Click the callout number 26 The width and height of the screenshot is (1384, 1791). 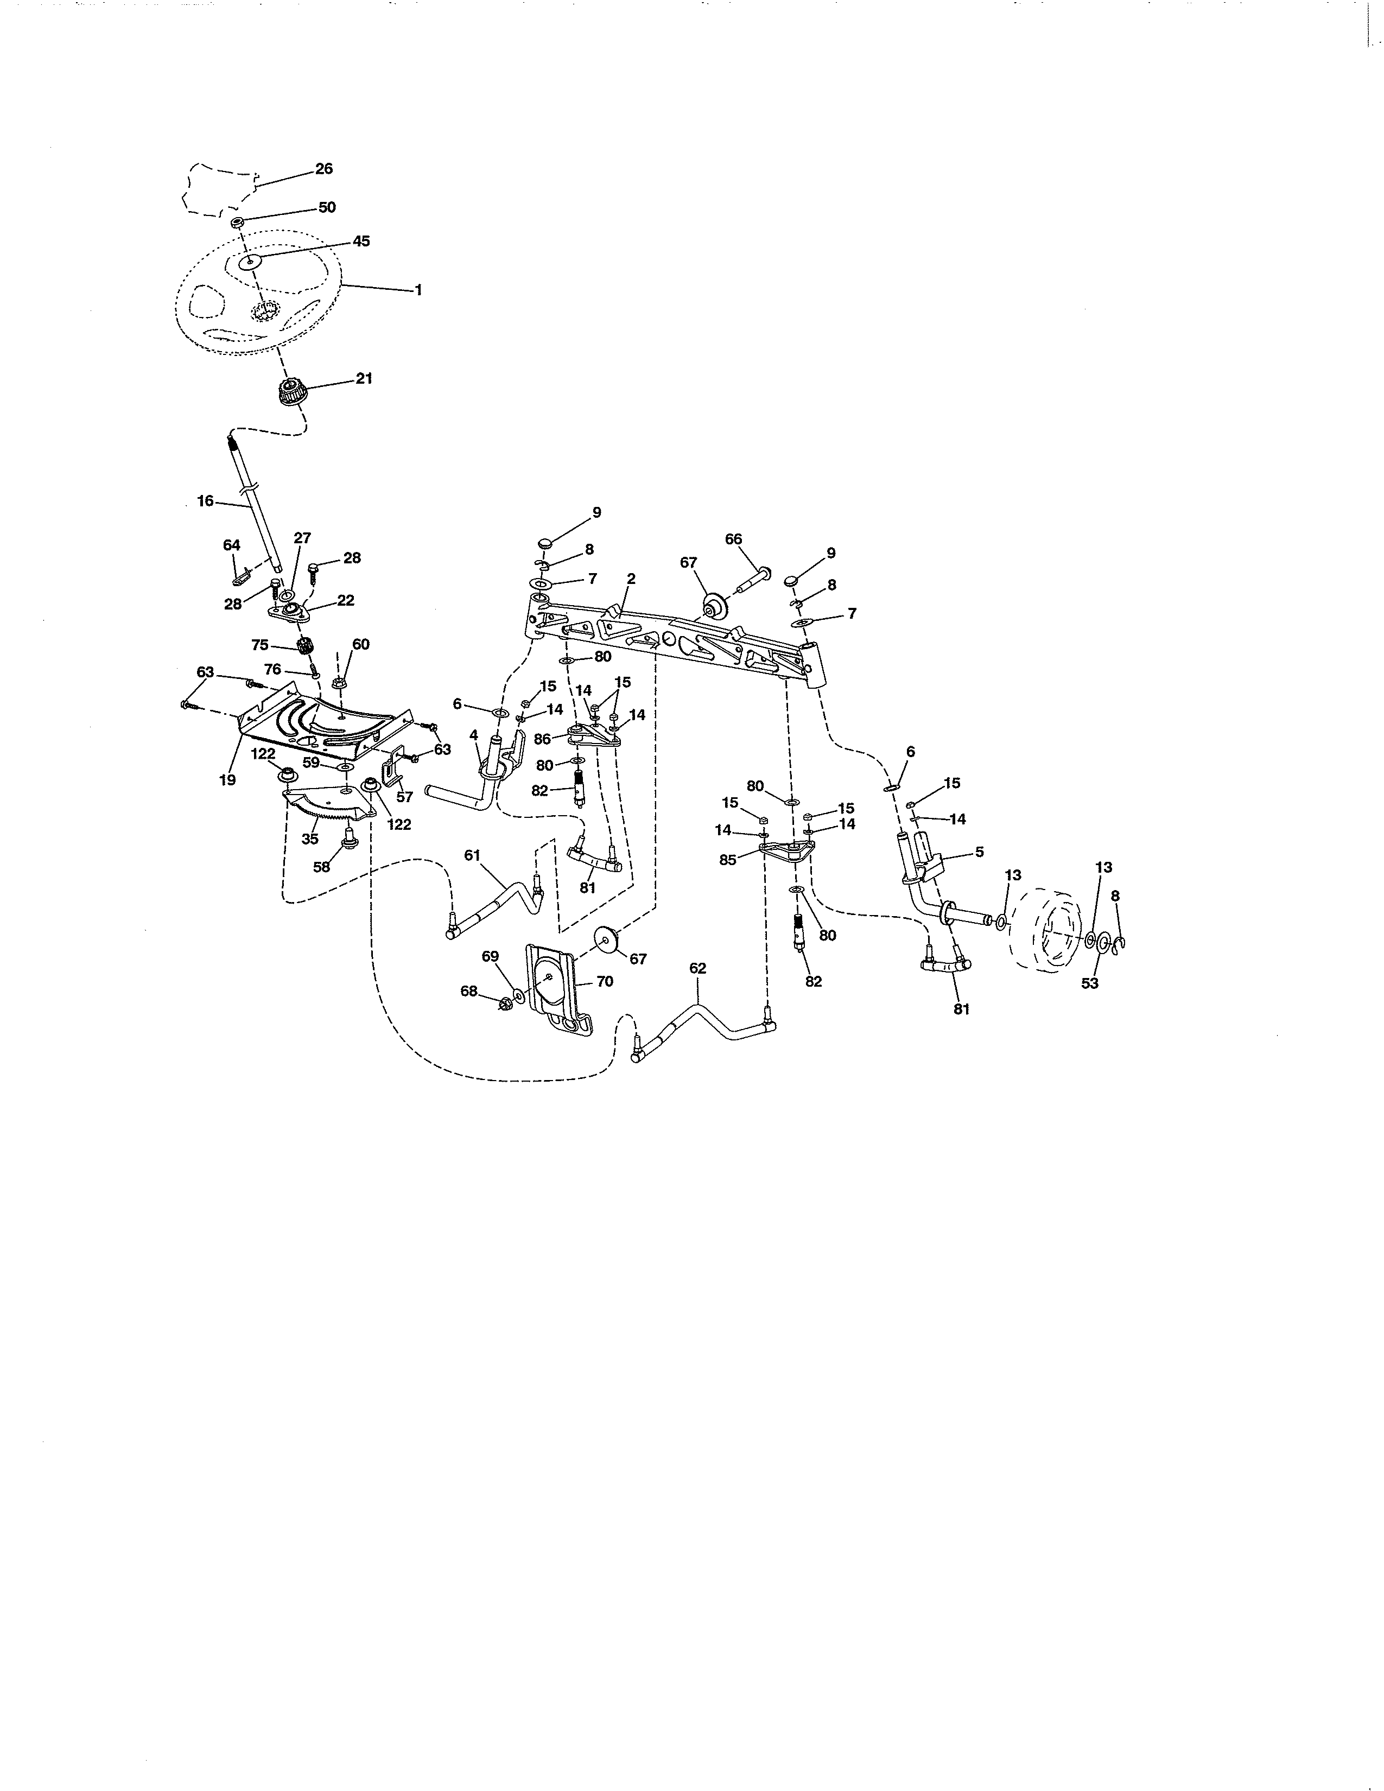tap(324, 169)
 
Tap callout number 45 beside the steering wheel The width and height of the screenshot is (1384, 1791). tap(361, 241)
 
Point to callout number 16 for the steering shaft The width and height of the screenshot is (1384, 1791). tap(205, 501)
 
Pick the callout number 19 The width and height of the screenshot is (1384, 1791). tap(227, 780)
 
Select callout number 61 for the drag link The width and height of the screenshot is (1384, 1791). tap(472, 855)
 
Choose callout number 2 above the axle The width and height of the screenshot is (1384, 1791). tap(631, 579)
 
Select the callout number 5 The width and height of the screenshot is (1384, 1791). tap(979, 853)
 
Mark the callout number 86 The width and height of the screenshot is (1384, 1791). tap(542, 739)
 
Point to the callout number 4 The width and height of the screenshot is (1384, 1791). tap(474, 735)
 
